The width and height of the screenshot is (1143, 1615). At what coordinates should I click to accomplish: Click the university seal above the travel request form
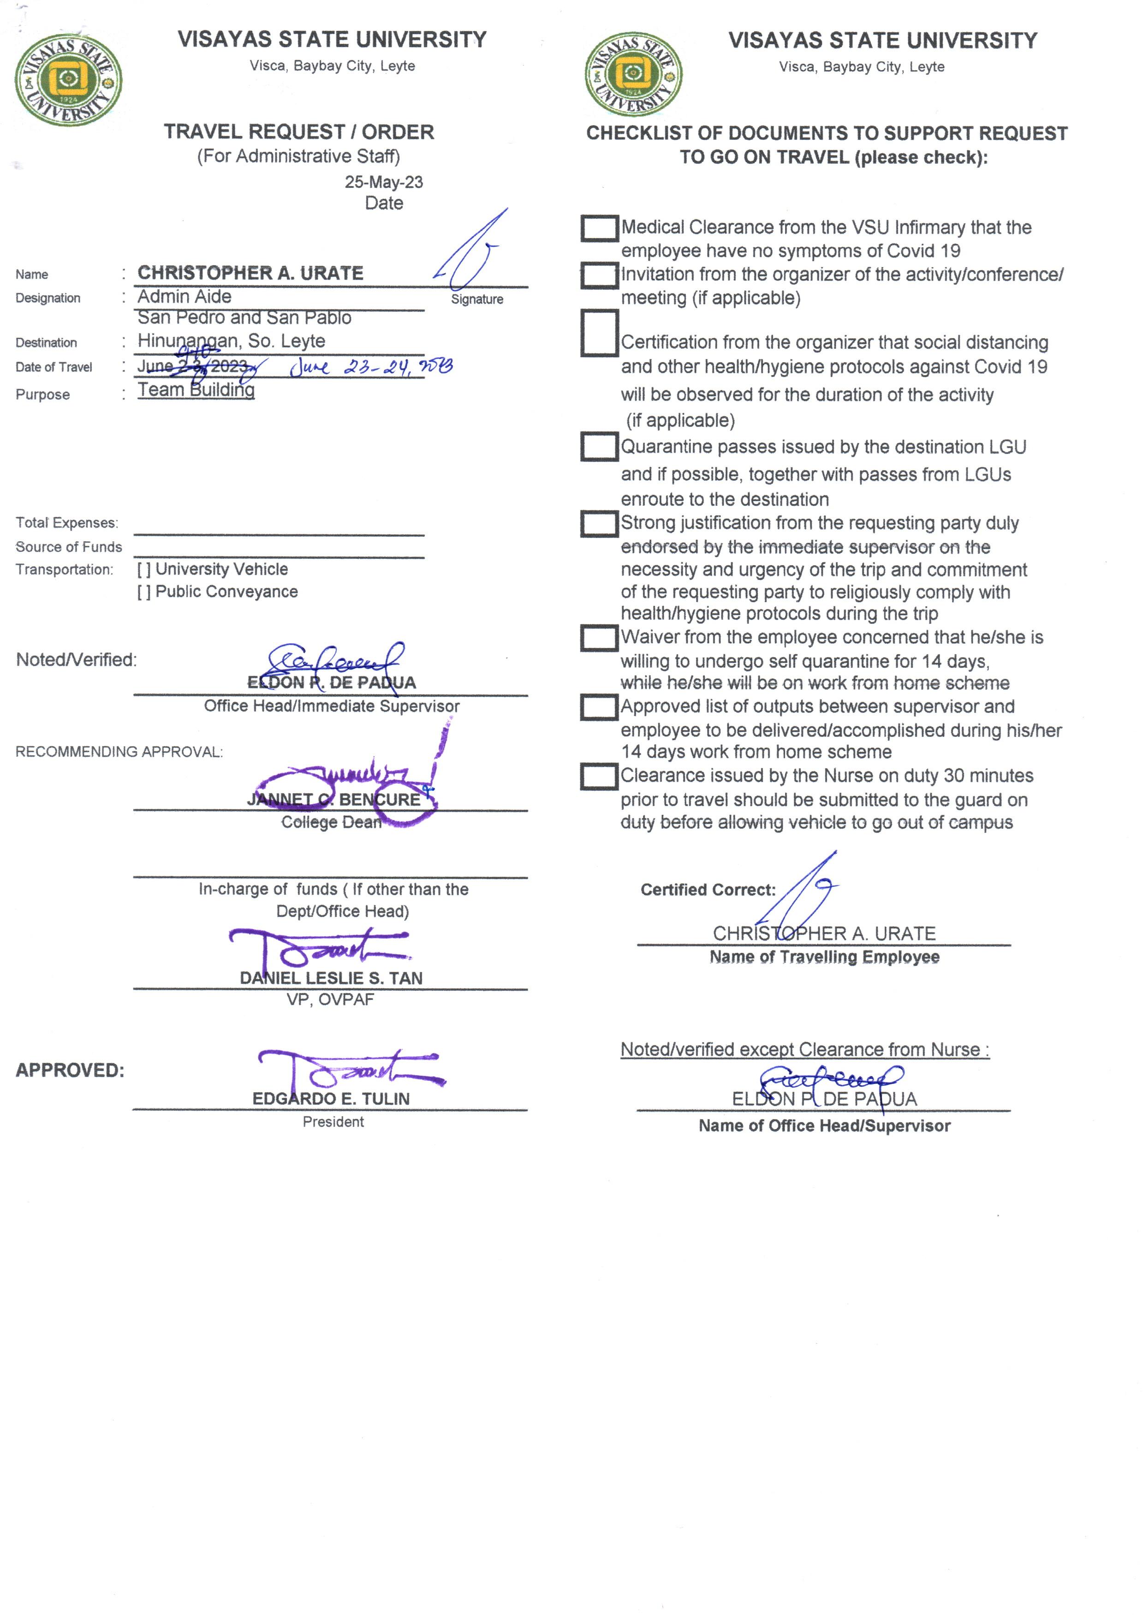[68, 79]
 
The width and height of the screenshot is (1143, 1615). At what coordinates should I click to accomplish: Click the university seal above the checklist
[633, 74]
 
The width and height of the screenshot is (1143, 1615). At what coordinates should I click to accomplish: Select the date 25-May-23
[384, 182]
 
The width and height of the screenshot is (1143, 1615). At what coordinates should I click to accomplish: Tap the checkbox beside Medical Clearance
[599, 228]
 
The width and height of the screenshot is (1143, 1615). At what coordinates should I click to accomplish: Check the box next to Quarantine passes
[599, 446]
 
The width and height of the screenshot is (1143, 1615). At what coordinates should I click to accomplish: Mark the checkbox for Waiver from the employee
[599, 638]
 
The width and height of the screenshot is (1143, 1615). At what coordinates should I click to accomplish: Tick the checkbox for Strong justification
[599, 524]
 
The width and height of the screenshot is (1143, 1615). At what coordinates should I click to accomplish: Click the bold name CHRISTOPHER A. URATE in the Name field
[250, 273]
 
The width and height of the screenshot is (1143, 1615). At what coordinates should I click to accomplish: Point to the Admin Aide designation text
[185, 296]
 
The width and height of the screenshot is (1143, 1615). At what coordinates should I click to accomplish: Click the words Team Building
[196, 390]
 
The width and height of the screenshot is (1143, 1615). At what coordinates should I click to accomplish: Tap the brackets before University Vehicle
[143, 569]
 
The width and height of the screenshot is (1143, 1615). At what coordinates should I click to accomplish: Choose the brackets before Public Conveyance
[143, 592]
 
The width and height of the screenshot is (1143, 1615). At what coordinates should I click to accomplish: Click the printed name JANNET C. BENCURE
[333, 800]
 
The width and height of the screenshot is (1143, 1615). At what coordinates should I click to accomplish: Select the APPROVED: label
[70, 1071]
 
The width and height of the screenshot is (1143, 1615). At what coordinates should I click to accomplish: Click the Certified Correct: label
[707, 890]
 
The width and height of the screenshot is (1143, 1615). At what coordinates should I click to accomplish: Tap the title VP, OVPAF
[330, 1000]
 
